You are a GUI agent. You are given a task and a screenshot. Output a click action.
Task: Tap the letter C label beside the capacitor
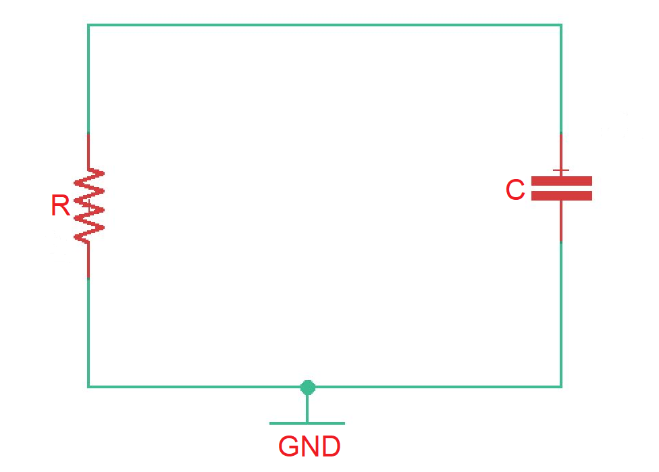(x=515, y=190)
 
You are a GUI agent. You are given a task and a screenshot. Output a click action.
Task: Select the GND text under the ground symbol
(x=309, y=447)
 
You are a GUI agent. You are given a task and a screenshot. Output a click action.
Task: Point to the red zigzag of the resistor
(x=89, y=205)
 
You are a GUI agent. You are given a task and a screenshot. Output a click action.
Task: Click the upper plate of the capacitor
(x=562, y=181)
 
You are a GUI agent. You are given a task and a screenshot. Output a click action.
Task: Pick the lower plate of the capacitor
(x=562, y=196)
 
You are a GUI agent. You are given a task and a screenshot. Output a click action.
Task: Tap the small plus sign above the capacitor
(x=561, y=170)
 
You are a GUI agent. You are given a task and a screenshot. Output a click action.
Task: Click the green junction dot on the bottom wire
(x=308, y=387)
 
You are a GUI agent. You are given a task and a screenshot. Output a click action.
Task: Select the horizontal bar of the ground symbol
(x=307, y=423)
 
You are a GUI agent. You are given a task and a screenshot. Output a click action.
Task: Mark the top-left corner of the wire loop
(x=88, y=26)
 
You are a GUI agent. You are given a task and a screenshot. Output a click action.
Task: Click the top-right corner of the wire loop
(x=560, y=26)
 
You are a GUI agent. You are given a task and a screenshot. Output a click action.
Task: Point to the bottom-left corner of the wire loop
(x=88, y=386)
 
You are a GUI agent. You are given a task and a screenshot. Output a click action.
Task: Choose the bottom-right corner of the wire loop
(x=560, y=386)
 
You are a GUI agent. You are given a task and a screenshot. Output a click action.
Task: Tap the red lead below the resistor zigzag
(x=88, y=260)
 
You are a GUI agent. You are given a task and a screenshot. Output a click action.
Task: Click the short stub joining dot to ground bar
(x=307, y=407)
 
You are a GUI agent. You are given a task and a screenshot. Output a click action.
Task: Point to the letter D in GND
(x=330, y=447)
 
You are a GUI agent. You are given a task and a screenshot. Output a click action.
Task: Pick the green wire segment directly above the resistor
(x=88, y=81)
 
